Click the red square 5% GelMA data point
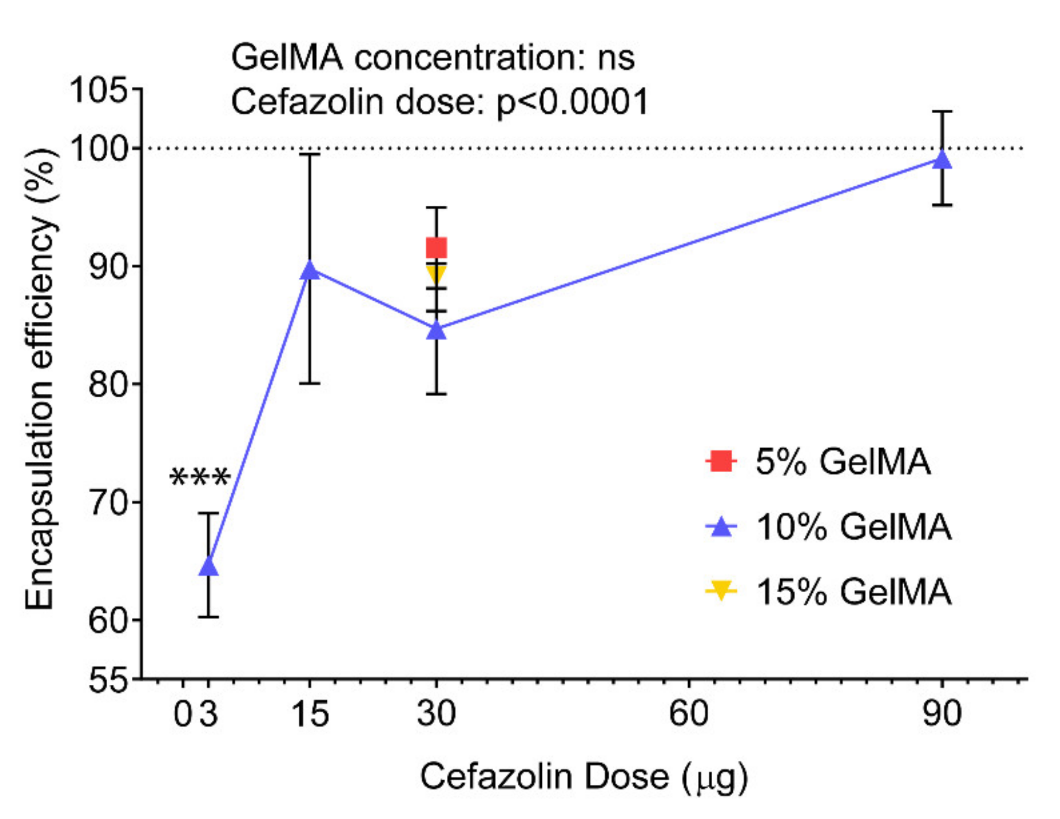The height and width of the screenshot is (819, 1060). [436, 248]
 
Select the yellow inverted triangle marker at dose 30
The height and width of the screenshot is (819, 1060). [436, 273]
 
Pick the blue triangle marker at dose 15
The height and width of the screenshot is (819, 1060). [310, 270]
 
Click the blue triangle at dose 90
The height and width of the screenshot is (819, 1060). [941, 160]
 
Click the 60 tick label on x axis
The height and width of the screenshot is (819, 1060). [689, 714]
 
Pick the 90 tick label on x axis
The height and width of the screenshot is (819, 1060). [941, 714]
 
